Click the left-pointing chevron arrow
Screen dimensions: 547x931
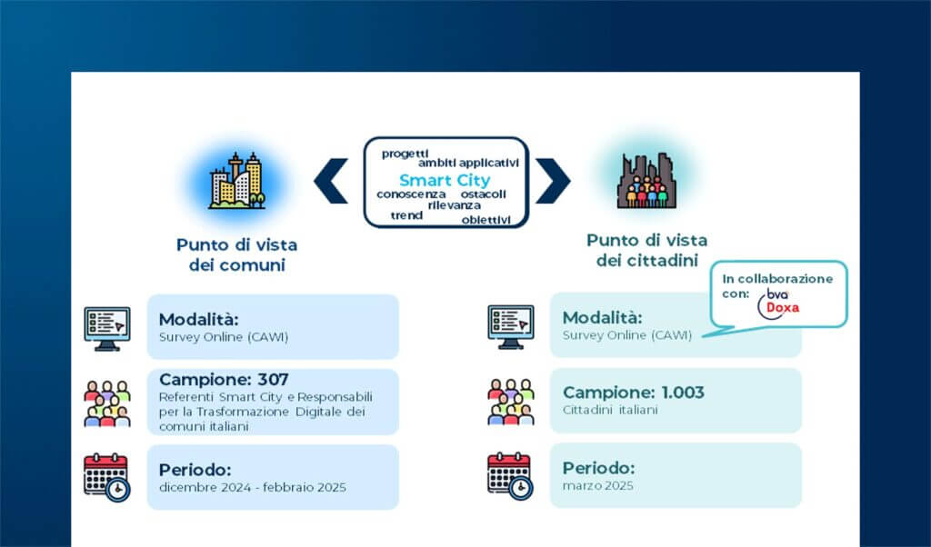331,181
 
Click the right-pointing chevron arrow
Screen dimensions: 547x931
552,181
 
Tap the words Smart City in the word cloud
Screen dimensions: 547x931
445,180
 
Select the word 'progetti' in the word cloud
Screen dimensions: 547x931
405,153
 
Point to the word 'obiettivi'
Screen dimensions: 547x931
486,219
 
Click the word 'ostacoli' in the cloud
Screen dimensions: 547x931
483,194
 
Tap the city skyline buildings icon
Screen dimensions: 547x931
236,181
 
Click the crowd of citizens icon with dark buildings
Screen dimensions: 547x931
646,181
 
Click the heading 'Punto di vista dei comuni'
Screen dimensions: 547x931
236,254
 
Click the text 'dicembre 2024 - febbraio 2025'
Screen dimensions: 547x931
252,488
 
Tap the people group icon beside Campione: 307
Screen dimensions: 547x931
106,403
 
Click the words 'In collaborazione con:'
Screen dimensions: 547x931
771,285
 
